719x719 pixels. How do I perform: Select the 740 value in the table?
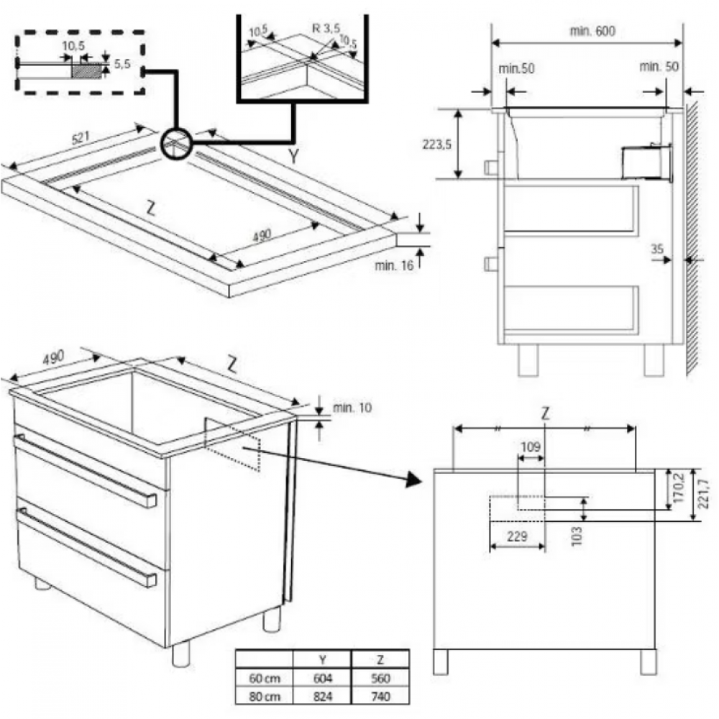click(380, 696)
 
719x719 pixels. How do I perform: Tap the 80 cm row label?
click(263, 696)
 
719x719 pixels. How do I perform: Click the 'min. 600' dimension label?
click(592, 31)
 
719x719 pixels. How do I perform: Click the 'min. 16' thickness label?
click(393, 266)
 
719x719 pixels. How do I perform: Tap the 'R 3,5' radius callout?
click(325, 29)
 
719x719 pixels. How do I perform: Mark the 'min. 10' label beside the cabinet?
click(352, 408)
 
